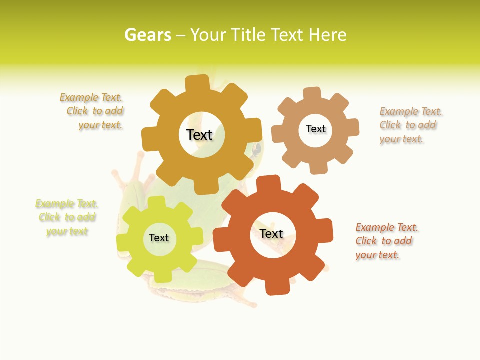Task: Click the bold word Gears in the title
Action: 147,35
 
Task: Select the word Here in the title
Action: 327,35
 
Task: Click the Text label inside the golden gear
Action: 199,135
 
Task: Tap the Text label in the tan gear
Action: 315,129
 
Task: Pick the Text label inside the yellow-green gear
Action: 159,238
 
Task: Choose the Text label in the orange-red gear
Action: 271,233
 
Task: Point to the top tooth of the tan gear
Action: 312,94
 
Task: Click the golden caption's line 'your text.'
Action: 100,125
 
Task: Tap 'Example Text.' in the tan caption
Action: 411,111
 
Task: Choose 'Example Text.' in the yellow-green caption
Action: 67,204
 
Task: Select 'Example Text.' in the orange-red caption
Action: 387,227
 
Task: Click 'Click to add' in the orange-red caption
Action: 384,241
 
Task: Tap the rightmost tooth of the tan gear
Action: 351,127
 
